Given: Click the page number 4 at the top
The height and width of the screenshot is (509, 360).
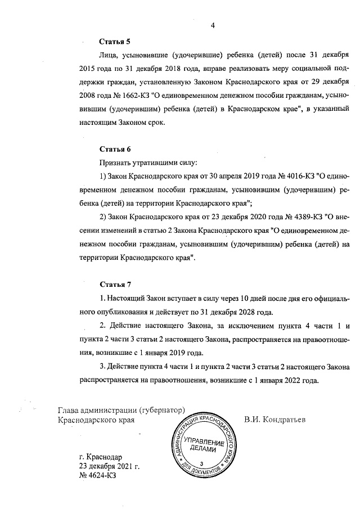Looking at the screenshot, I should click(x=213, y=24).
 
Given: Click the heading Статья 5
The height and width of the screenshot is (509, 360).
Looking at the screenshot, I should click(x=115, y=42).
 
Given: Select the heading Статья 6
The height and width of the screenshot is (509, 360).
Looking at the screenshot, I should click(x=115, y=149).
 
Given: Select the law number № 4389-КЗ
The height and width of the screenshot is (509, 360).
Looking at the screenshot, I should click(x=295, y=217).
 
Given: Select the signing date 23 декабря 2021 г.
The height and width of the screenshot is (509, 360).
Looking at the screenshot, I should click(x=109, y=466).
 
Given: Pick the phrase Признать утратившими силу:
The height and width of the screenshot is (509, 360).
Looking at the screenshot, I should click(x=148, y=163).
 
